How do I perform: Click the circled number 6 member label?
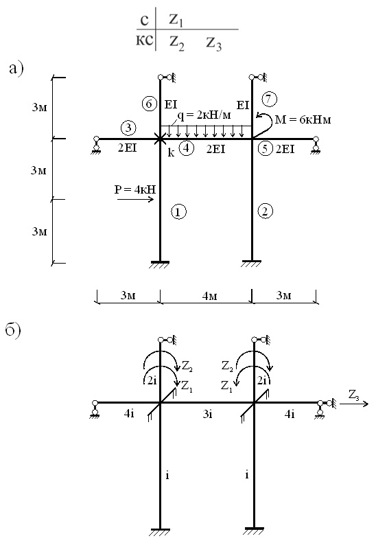point(149,104)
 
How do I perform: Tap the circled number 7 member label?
point(270,100)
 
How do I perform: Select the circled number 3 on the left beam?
point(128,128)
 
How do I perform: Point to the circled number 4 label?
point(187,148)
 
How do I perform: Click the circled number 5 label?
point(265,149)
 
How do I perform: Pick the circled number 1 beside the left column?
point(178,211)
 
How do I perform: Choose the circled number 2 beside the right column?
point(266,211)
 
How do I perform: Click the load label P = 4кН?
point(135,189)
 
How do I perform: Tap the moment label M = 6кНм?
point(303,120)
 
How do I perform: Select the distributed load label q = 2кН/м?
point(204,115)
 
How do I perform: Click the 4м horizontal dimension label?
point(209,296)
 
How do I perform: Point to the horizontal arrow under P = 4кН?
point(136,199)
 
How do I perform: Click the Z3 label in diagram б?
point(354,395)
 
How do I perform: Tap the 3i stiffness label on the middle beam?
point(207,414)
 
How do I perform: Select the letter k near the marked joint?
point(171,152)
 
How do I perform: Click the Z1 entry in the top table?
point(176,20)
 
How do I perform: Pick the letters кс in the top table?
point(144,40)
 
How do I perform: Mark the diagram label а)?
point(16,69)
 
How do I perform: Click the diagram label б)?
point(13,329)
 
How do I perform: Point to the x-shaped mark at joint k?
point(160,139)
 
